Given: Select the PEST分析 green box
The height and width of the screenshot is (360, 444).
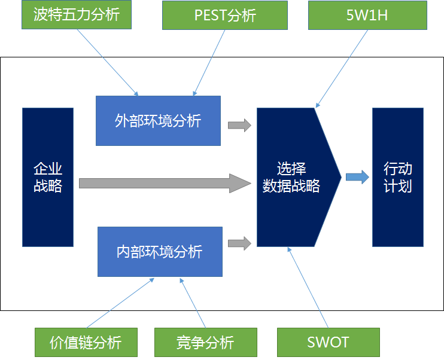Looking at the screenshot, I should tap(225, 14).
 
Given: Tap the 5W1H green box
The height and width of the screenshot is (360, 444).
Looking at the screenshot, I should tap(366, 14).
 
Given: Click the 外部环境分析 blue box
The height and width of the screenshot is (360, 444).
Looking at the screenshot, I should tap(158, 120).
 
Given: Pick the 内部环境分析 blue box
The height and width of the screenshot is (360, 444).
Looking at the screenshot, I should tap(160, 251).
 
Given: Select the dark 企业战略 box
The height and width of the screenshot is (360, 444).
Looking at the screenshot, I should tap(48, 177).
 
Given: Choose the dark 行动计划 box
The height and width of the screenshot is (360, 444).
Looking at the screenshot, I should tap(397, 177).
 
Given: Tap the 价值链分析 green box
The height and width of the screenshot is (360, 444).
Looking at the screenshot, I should tap(86, 342).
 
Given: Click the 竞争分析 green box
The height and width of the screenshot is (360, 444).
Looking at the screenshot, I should tap(205, 342).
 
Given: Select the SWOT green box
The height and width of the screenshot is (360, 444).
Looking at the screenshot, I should tap(328, 342).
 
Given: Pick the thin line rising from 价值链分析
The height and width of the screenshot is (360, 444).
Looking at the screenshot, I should tap(123, 303).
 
